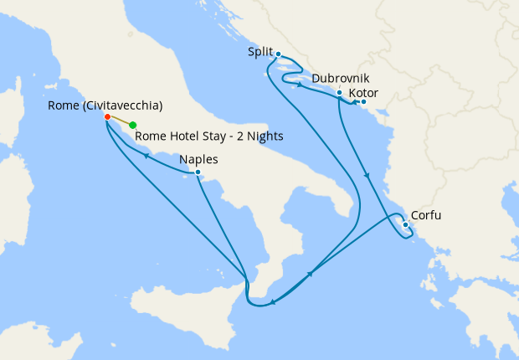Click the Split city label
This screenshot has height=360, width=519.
260,52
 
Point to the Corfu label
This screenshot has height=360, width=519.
426,215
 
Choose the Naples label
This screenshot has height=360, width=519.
199,159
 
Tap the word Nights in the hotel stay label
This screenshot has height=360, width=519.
265,136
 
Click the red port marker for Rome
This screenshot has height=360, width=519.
108,117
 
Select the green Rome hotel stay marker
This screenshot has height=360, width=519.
133,126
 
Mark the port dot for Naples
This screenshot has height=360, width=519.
198,172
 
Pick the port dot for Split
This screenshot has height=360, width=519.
278,54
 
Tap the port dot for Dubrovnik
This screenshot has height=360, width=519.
339,93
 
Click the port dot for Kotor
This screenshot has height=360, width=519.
363,102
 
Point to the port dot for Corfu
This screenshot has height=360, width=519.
405,224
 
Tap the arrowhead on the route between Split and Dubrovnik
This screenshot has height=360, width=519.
300,84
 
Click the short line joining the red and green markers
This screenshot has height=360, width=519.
121,121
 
